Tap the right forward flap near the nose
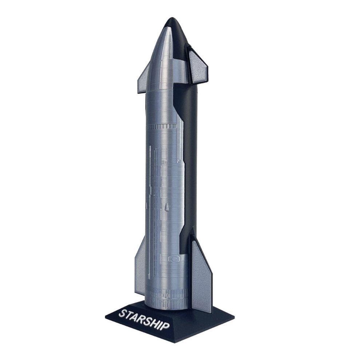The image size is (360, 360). tap(198, 67)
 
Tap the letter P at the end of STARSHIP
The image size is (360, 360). tap(166, 326)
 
